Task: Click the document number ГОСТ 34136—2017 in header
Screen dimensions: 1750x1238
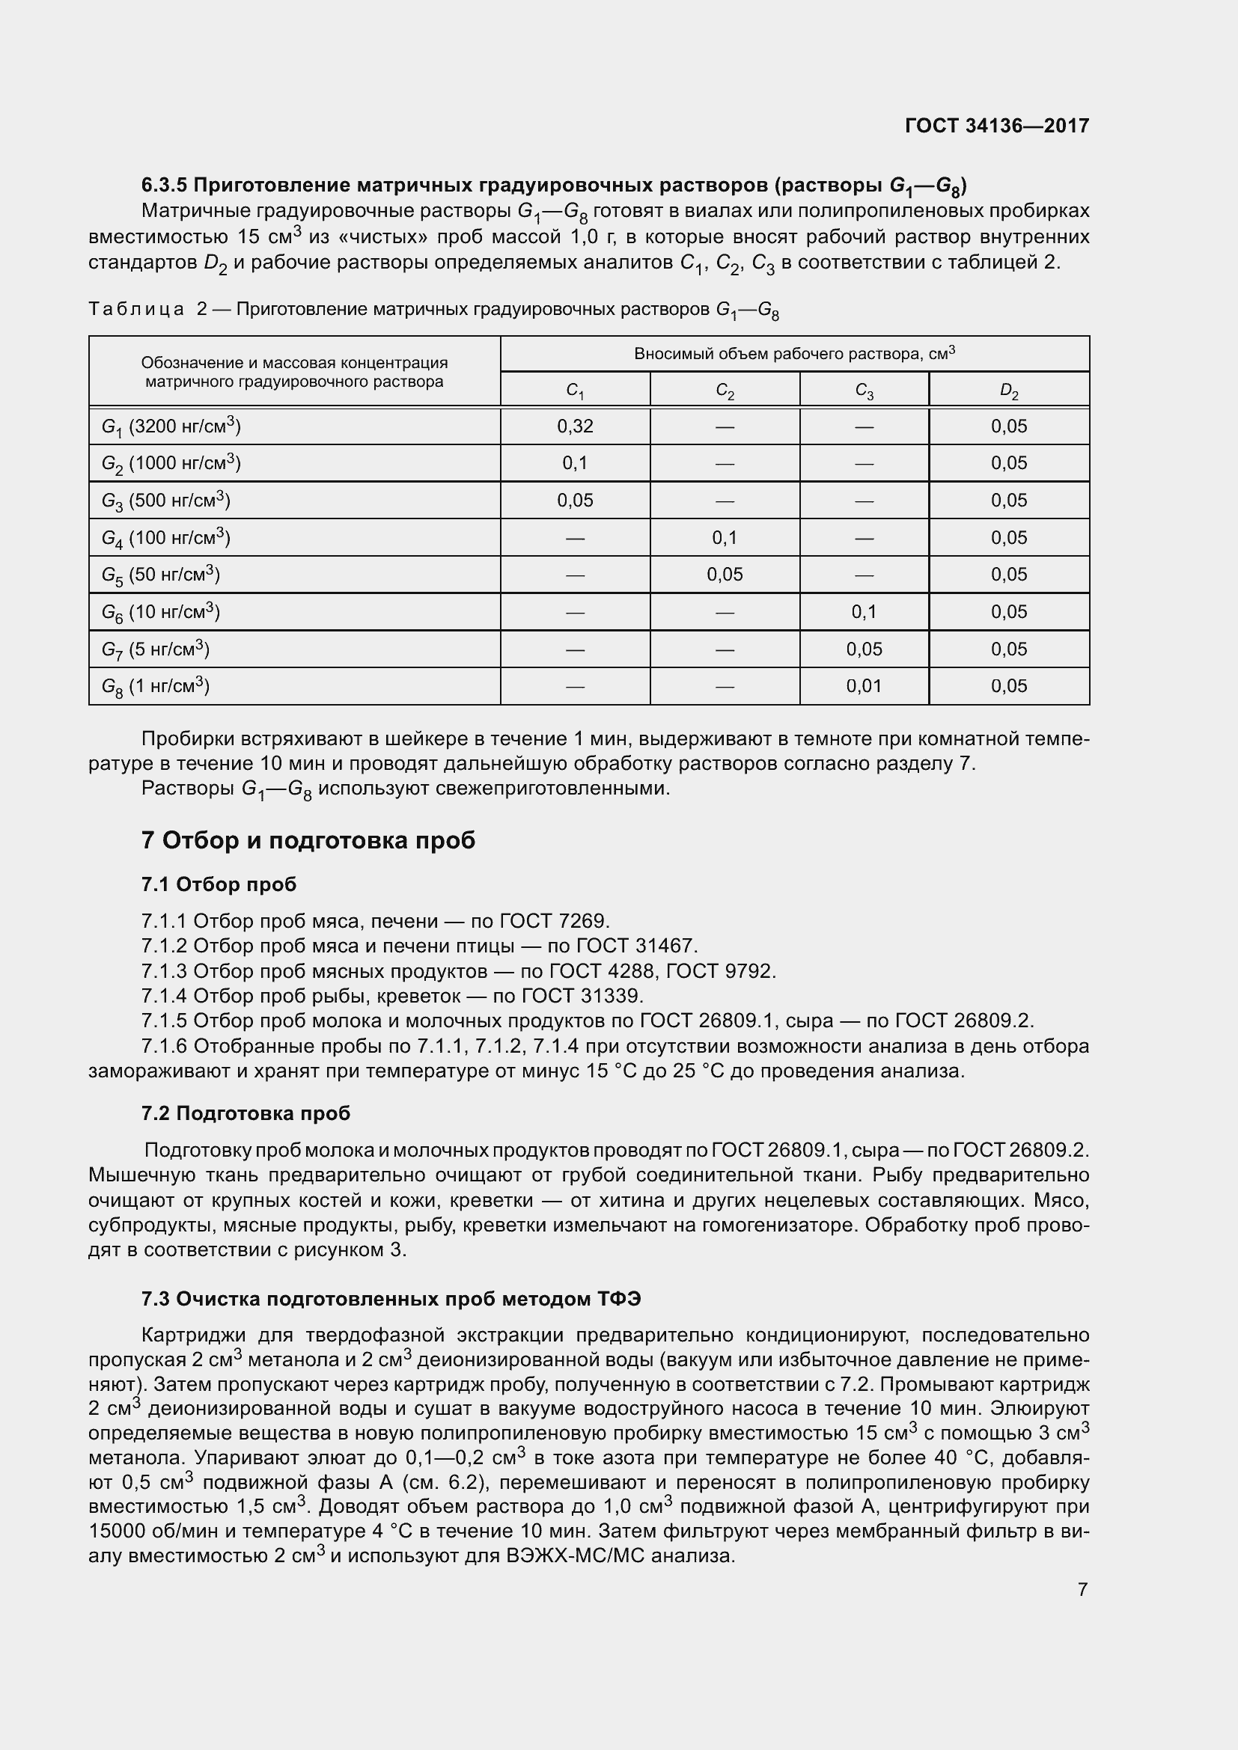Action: point(996,126)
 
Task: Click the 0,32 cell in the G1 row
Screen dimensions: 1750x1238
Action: point(575,426)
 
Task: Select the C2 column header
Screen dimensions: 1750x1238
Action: point(725,391)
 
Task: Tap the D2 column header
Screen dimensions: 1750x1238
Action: point(1008,391)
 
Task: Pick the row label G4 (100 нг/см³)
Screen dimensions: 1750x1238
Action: point(165,538)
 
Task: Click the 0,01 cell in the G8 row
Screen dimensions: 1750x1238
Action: point(864,686)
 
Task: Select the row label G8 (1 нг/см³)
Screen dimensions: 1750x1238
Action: point(156,686)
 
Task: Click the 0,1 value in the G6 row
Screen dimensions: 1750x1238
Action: point(864,612)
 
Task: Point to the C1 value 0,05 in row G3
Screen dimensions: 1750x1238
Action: point(575,501)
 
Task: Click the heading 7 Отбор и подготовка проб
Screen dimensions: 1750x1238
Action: point(308,840)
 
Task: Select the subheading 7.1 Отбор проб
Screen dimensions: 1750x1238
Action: point(219,884)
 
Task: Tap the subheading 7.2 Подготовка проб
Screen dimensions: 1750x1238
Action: point(246,1113)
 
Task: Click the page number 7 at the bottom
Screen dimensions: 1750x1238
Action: point(1082,1589)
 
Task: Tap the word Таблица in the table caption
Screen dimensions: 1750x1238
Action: point(135,309)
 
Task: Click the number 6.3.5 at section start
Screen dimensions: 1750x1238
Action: point(165,186)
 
